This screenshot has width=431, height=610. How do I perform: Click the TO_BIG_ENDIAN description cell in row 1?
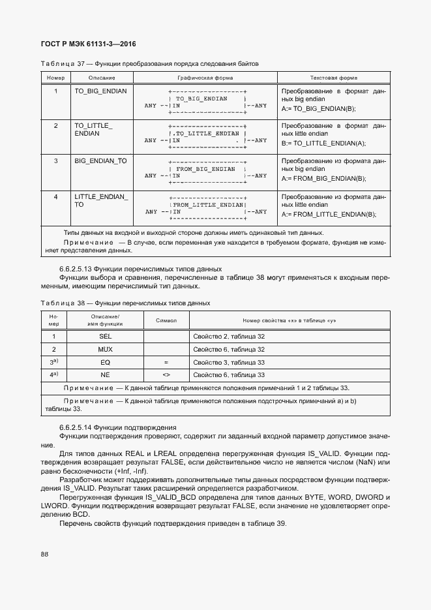point(100,91)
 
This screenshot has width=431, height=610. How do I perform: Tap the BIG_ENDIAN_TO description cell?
point(100,160)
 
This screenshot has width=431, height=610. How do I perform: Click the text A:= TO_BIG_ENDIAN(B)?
point(319,109)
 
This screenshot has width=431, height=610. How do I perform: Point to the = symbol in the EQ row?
point(166,362)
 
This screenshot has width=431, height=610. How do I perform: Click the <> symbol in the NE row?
point(166,375)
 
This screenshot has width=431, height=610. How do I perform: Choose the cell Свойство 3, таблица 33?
point(229,362)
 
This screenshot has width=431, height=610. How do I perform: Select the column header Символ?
point(166,320)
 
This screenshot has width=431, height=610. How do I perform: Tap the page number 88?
point(45,554)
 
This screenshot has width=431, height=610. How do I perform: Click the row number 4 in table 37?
point(55,196)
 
